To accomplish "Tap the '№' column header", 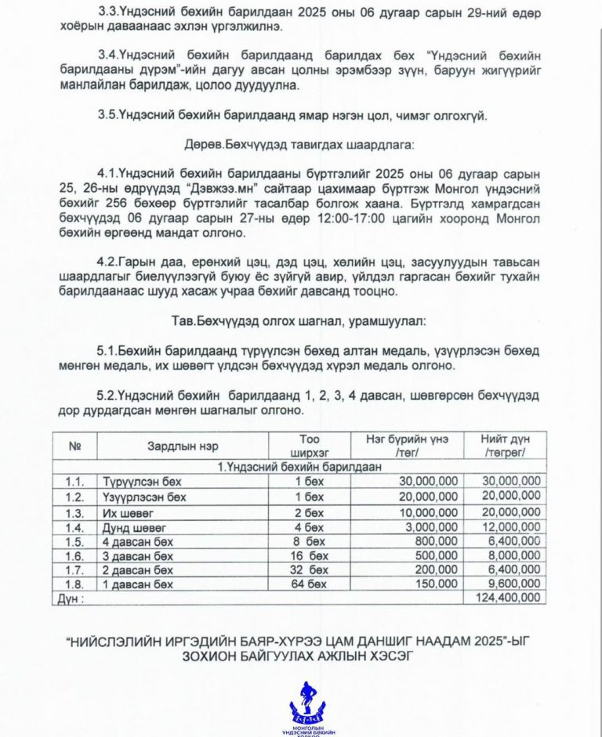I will [x=76, y=446].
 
